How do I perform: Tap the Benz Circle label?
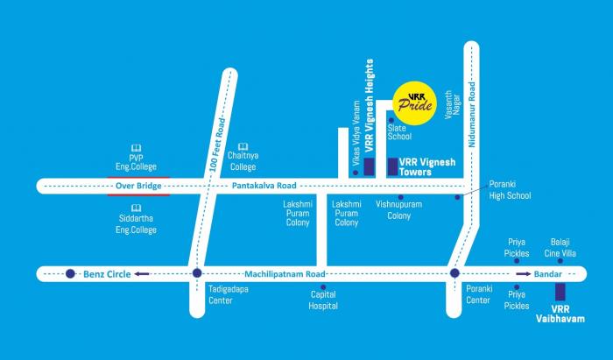(107, 274)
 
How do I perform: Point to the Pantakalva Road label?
(264, 186)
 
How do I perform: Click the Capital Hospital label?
(322, 300)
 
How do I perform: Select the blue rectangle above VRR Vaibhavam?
(560, 292)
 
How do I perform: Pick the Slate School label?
(398, 131)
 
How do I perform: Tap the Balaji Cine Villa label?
(558, 246)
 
